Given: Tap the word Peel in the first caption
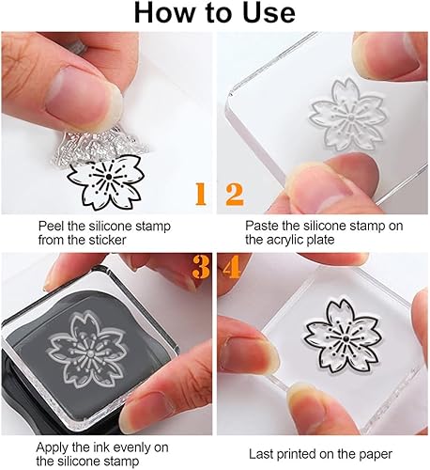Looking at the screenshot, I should (x=53, y=227).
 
